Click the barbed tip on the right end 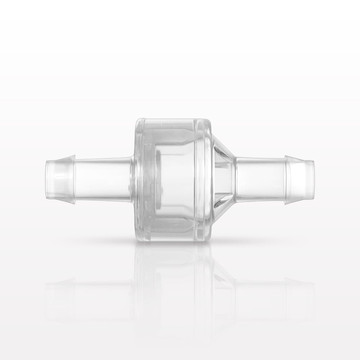(x=300, y=179)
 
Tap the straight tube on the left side (x=103, y=179)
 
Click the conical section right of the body (x=223, y=179)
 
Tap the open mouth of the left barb (x=47, y=179)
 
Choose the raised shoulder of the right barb (x=287, y=179)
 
